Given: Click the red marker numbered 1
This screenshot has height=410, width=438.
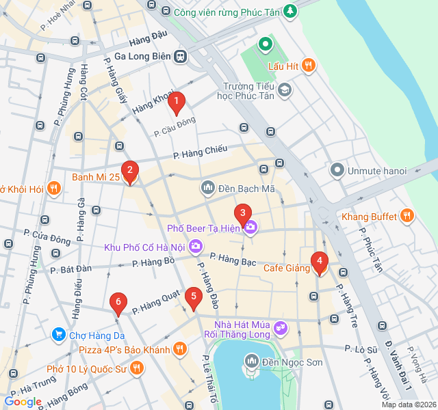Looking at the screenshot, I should coord(177,103).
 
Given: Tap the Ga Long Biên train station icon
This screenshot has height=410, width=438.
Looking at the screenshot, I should coord(181,57).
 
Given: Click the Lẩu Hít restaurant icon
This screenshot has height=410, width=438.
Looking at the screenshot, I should coord(309,66).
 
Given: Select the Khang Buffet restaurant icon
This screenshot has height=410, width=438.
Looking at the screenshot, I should coord(407,217).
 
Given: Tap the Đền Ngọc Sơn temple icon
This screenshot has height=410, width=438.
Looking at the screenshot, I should coord(251,360).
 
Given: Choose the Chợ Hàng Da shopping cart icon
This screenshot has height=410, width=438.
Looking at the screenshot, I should coord(58,334).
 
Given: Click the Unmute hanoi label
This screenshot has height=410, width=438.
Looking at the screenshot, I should coord(376,170).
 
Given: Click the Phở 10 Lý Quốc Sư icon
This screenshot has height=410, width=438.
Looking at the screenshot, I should coord(137,369).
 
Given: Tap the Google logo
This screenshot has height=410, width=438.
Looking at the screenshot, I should coord(23,402).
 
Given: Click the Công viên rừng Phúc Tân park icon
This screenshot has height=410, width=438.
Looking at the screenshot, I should coord(291,11).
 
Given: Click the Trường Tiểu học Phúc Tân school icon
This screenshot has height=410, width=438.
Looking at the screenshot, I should coord(284,90).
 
